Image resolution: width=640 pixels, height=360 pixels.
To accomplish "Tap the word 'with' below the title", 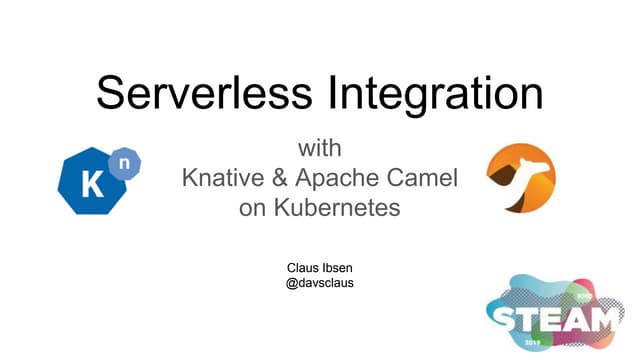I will [x=320, y=149].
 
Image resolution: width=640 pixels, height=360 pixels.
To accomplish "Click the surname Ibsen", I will [x=339, y=267].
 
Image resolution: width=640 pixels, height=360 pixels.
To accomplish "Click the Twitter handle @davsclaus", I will [x=320, y=283].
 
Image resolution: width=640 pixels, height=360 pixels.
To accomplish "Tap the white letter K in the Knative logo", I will [x=87, y=184].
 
